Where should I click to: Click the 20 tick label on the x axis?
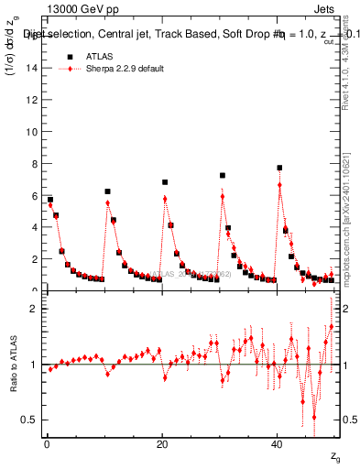point(162,444)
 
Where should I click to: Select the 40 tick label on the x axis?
point(278,444)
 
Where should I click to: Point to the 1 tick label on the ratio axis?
point(36,365)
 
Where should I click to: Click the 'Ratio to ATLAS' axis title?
point(12,365)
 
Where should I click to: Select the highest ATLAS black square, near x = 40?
point(279,168)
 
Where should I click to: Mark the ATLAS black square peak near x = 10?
point(107,191)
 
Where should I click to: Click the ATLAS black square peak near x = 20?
point(165,182)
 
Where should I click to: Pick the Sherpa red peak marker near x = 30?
point(223,196)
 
